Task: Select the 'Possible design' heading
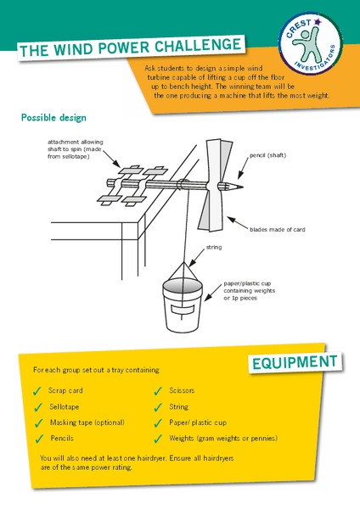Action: click(x=53, y=117)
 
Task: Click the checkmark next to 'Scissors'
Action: click(x=159, y=391)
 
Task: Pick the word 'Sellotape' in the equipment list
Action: click(x=65, y=406)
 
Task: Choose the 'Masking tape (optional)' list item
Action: click(x=87, y=422)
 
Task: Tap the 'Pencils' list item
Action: click(x=60, y=439)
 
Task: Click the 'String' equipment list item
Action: click(x=178, y=406)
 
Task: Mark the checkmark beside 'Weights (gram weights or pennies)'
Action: click(x=159, y=439)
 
